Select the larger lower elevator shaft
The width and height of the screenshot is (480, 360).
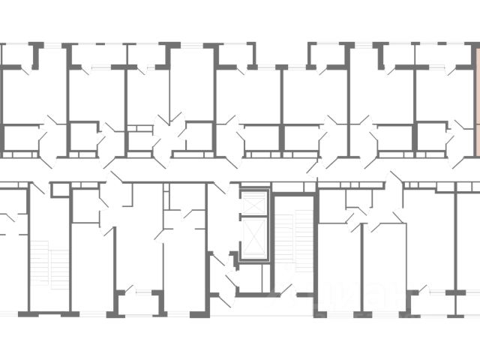[253, 238]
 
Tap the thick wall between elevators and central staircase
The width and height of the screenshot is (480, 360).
[271, 240]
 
